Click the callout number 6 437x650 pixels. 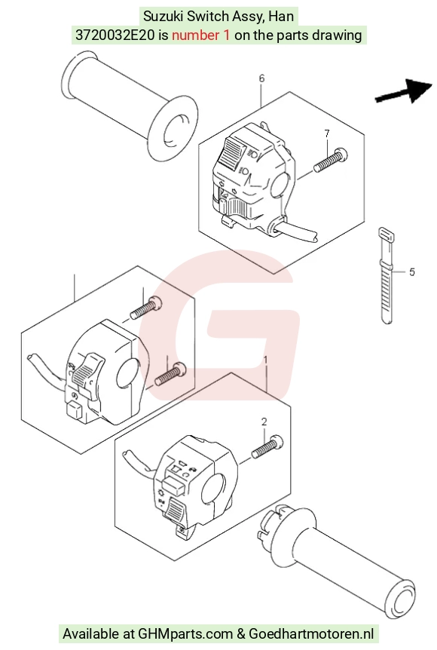[x=261, y=78]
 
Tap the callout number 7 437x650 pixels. [x=327, y=133]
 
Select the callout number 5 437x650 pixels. [x=411, y=272]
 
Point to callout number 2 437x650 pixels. [x=264, y=422]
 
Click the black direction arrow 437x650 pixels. [x=404, y=91]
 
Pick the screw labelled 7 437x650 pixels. [x=331, y=161]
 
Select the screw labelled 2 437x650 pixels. [x=267, y=446]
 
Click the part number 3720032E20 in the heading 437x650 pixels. [x=115, y=35]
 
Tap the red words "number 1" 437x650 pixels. [x=200, y=35]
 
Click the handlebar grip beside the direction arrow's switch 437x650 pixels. [x=130, y=106]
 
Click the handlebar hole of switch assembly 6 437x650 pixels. [x=282, y=185]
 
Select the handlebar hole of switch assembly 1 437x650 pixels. [x=213, y=490]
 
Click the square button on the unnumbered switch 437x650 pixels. [x=75, y=411]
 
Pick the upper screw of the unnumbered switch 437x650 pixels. [x=146, y=308]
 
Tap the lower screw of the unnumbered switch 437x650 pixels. [x=170, y=373]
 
